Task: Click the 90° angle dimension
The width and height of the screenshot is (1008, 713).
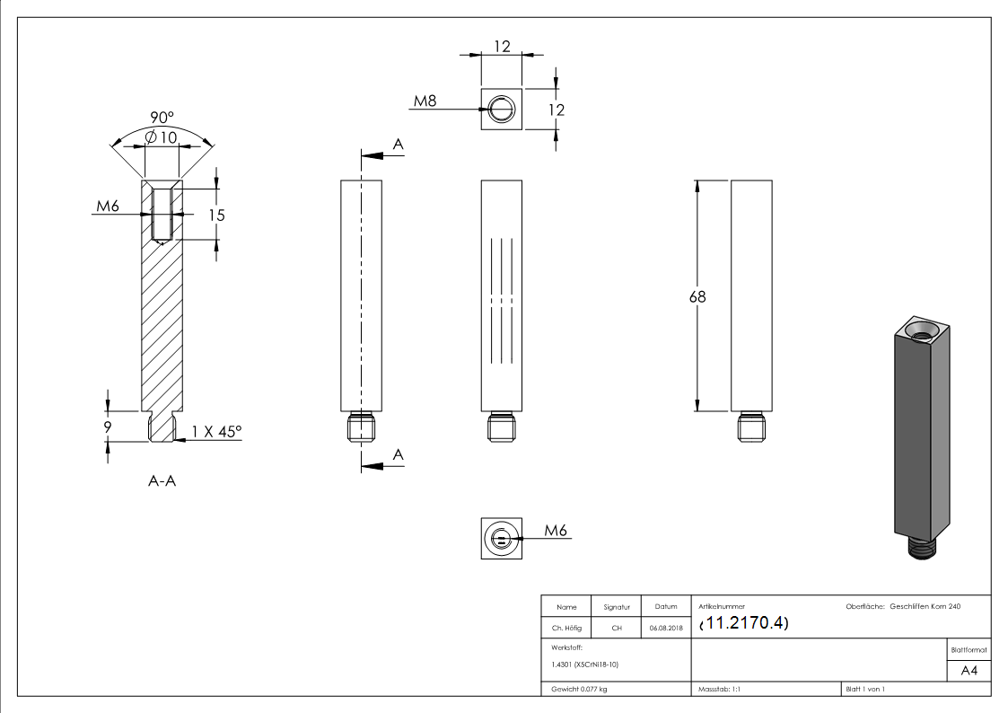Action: [x=162, y=118]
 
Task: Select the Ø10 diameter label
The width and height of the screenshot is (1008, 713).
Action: [x=161, y=136]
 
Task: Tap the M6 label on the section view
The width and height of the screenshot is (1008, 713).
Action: [x=108, y=207]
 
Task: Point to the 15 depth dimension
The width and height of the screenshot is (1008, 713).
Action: [x=215, y=215]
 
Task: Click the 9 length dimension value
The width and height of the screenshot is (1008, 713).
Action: [x=108, y=427]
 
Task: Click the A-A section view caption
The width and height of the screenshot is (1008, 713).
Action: [x=162, y=481]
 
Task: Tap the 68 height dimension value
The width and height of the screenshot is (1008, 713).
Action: [x=697, y=297]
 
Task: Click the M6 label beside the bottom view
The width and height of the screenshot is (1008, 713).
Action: [x=557, y=531]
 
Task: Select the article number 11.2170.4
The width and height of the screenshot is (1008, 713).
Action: [x=743, y=624]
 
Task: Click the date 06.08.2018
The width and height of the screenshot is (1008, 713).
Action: [x=665, y=629]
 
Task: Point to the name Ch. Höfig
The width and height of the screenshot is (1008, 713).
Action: [x=565, y=629]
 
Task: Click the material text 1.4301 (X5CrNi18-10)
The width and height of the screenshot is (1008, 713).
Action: [x=585, y=665]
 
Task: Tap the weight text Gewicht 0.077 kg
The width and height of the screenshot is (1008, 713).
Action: [x=579, y=689]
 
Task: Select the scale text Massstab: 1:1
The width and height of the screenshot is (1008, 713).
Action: [x=719, y=689]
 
